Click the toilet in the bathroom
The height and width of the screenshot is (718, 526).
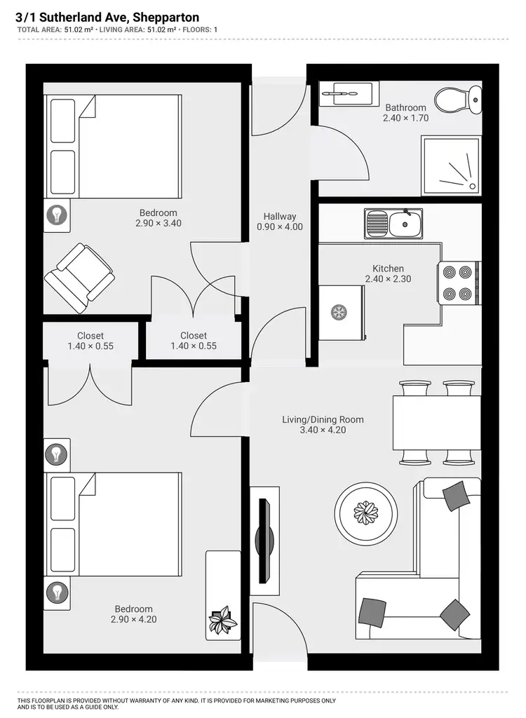point(457,99)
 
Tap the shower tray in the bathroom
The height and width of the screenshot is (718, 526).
point(450,165)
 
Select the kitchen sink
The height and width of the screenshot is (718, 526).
point(393,224)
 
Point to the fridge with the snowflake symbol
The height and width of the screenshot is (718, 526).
point(340,312)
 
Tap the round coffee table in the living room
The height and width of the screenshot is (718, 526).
point(365,513)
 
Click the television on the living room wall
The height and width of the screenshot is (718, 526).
point(264,540)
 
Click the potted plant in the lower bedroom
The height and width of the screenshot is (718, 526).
point(222,619)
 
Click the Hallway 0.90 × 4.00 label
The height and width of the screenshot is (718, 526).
point(280,222)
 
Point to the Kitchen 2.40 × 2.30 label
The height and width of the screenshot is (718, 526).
point(388,273)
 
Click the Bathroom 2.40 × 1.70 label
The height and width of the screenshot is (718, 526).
point(405,113)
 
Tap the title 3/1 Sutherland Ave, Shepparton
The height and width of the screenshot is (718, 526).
point(107,17)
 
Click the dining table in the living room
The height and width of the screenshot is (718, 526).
point(436,423)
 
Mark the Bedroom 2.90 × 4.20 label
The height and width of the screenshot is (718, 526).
point(133,614)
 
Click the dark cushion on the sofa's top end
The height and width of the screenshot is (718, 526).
point(456,496)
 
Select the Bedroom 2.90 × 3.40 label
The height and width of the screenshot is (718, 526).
point(158,218)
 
